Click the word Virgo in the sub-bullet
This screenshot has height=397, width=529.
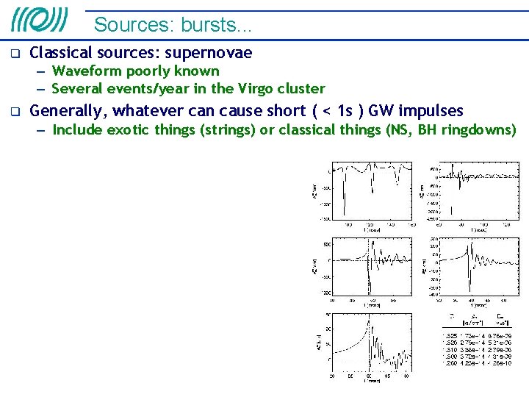pos(255,89)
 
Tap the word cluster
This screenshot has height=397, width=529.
pos(301,89)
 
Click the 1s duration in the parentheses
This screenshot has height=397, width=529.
pos(345,111)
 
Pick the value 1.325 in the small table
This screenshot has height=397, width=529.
pos(450,335)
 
